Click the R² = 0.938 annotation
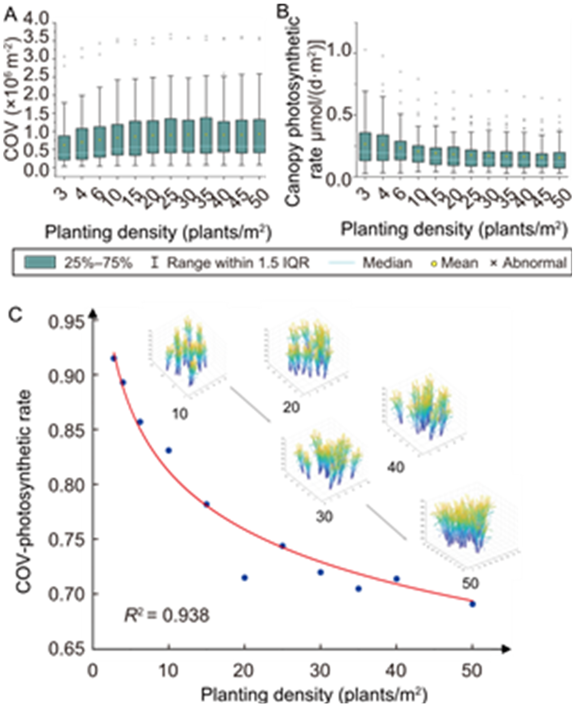pyautogui.click(x=167, y=615)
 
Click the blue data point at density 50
pyautogui.click(x=472, y=604)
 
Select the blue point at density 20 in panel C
pyautogui.click(x=245, y=578)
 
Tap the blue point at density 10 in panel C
pyautogui.click(x=169, y=450)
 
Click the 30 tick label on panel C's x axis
pyautogui.click(x=320, y=671)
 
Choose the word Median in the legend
pyautogui.click(x=387, y=263)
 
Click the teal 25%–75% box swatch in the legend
pyautogui.click(x=40, y=262)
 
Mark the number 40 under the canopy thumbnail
pyautogui.click(x=396, y=467)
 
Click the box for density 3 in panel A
pyautogui.click(x=65, y=147)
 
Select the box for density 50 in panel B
pyautogui.click(x=559, y=160)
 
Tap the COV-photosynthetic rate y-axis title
pyautogui.click(x=25, y=483)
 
